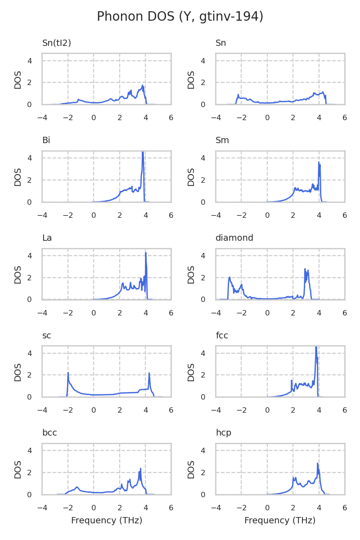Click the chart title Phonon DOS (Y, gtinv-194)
[x=180, y=17]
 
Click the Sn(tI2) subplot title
[x=57, y=43]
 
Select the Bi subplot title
[x=46, y=140]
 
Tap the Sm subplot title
[x=222, y=140]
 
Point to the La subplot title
[x=47, y=238]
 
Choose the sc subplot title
[x=46, y=336]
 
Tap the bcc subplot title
[x=49, y=433]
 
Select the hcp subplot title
[x=224, y=433]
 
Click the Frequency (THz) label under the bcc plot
[x=107, y=521]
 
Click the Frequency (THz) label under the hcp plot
[x=280, y=521]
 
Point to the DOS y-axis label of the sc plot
[x=18, y=372]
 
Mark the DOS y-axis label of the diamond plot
[x=191, y=274]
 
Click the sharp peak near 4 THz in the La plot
[x=146, y=253]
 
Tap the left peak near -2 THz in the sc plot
[x=68, y=373]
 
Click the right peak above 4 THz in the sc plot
[x=149, y=373]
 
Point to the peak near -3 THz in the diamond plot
[x=229, y=278]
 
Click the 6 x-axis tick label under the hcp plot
[x=345, y=508]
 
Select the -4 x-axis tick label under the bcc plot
[x=42, y=508]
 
